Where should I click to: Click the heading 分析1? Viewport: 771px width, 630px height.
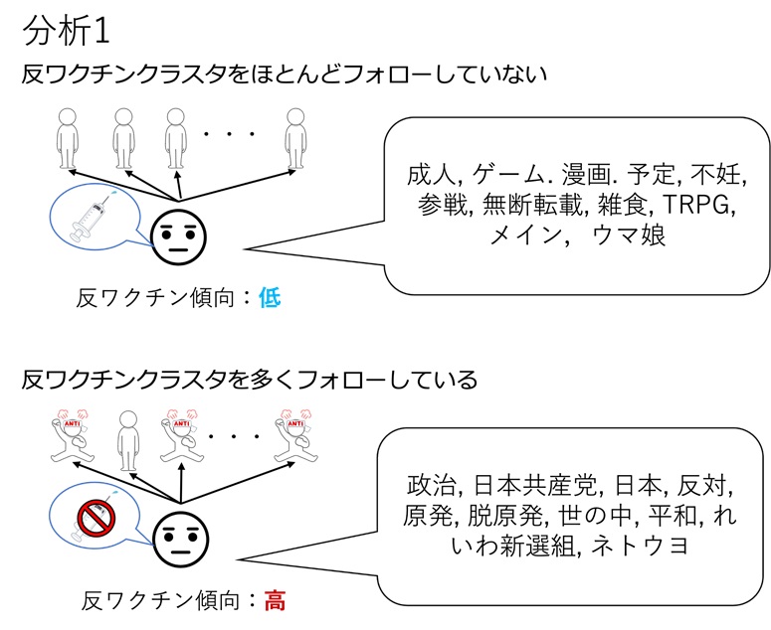click(x=71, y=29)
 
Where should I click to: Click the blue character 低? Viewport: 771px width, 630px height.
click(x=269, y=295)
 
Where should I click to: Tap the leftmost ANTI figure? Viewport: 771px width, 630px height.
click(x=70, y=438)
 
